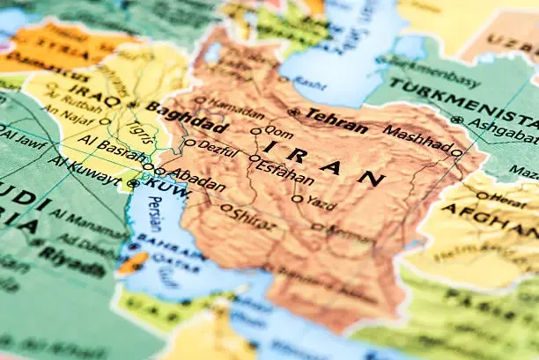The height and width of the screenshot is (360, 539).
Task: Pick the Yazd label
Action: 321,204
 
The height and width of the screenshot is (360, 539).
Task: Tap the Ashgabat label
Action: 504,129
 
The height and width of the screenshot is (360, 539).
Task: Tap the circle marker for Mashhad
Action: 456,152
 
